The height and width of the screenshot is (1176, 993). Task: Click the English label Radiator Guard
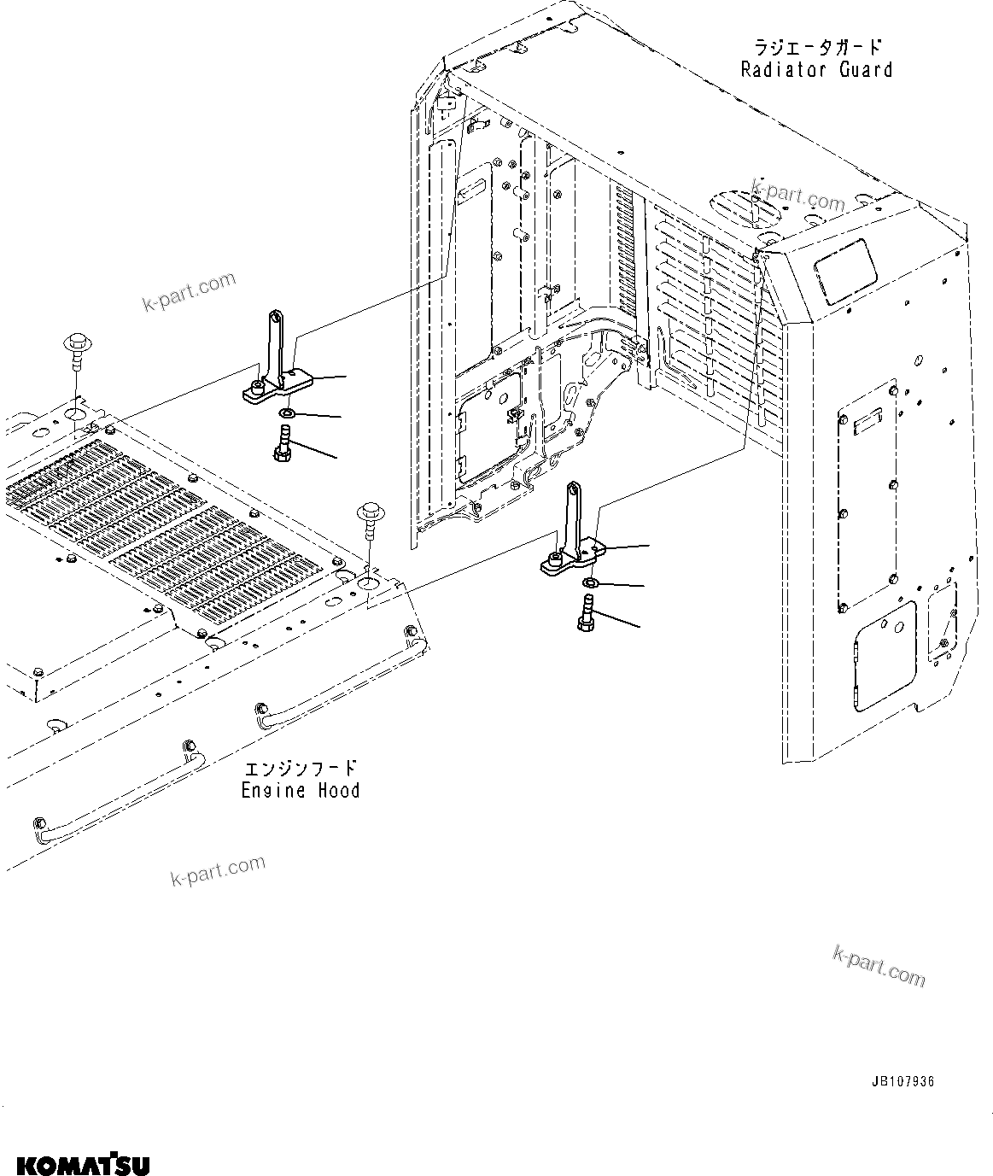pyautogui.click(x=816, y=70)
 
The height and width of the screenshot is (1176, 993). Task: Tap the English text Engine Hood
pyautogui.click(x=300, y=791)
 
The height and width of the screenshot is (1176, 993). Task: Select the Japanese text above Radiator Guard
pyautogui.click(x=817, y=46)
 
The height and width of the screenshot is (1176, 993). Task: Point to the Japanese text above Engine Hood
pyautogui.click(x=300, y=768)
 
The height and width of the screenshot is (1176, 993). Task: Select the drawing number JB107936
pyautogui.click(x=902, y=1081)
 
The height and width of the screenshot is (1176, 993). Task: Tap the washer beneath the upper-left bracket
pyautogui.click(x=287, y=414)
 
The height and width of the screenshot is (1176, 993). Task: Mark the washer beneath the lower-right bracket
pyautogui.click(x=590, y=582)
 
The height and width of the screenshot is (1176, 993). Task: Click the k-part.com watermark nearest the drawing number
pyautogui.click(x=879, y=967)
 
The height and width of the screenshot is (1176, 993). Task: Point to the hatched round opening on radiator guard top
pyautogui.click(x=745, y=208)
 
